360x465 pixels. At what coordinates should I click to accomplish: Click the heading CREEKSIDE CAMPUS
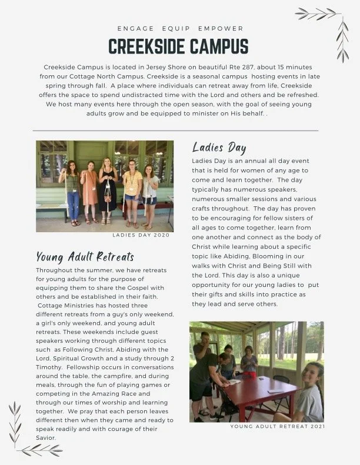coord(178,46)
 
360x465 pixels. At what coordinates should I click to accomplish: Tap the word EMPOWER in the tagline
coord(221,28)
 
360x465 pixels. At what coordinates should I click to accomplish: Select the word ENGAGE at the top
coord(135,28)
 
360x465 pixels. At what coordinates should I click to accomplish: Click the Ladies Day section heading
coord(219,148)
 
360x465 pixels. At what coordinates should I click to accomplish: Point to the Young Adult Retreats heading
coord(85,256)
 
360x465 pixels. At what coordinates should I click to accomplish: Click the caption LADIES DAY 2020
coord(141,235)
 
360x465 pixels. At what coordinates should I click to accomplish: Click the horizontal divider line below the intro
coord(175,131)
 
